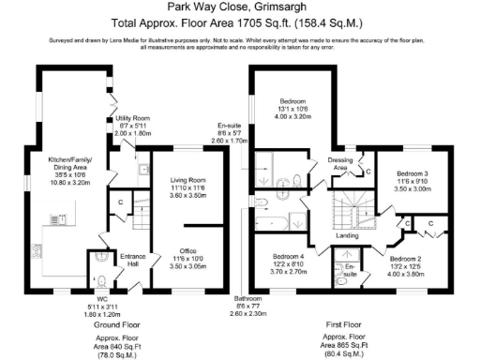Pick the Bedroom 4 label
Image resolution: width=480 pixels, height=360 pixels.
pos(291,262)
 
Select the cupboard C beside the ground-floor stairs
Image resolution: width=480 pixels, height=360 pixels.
pos(122,202)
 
